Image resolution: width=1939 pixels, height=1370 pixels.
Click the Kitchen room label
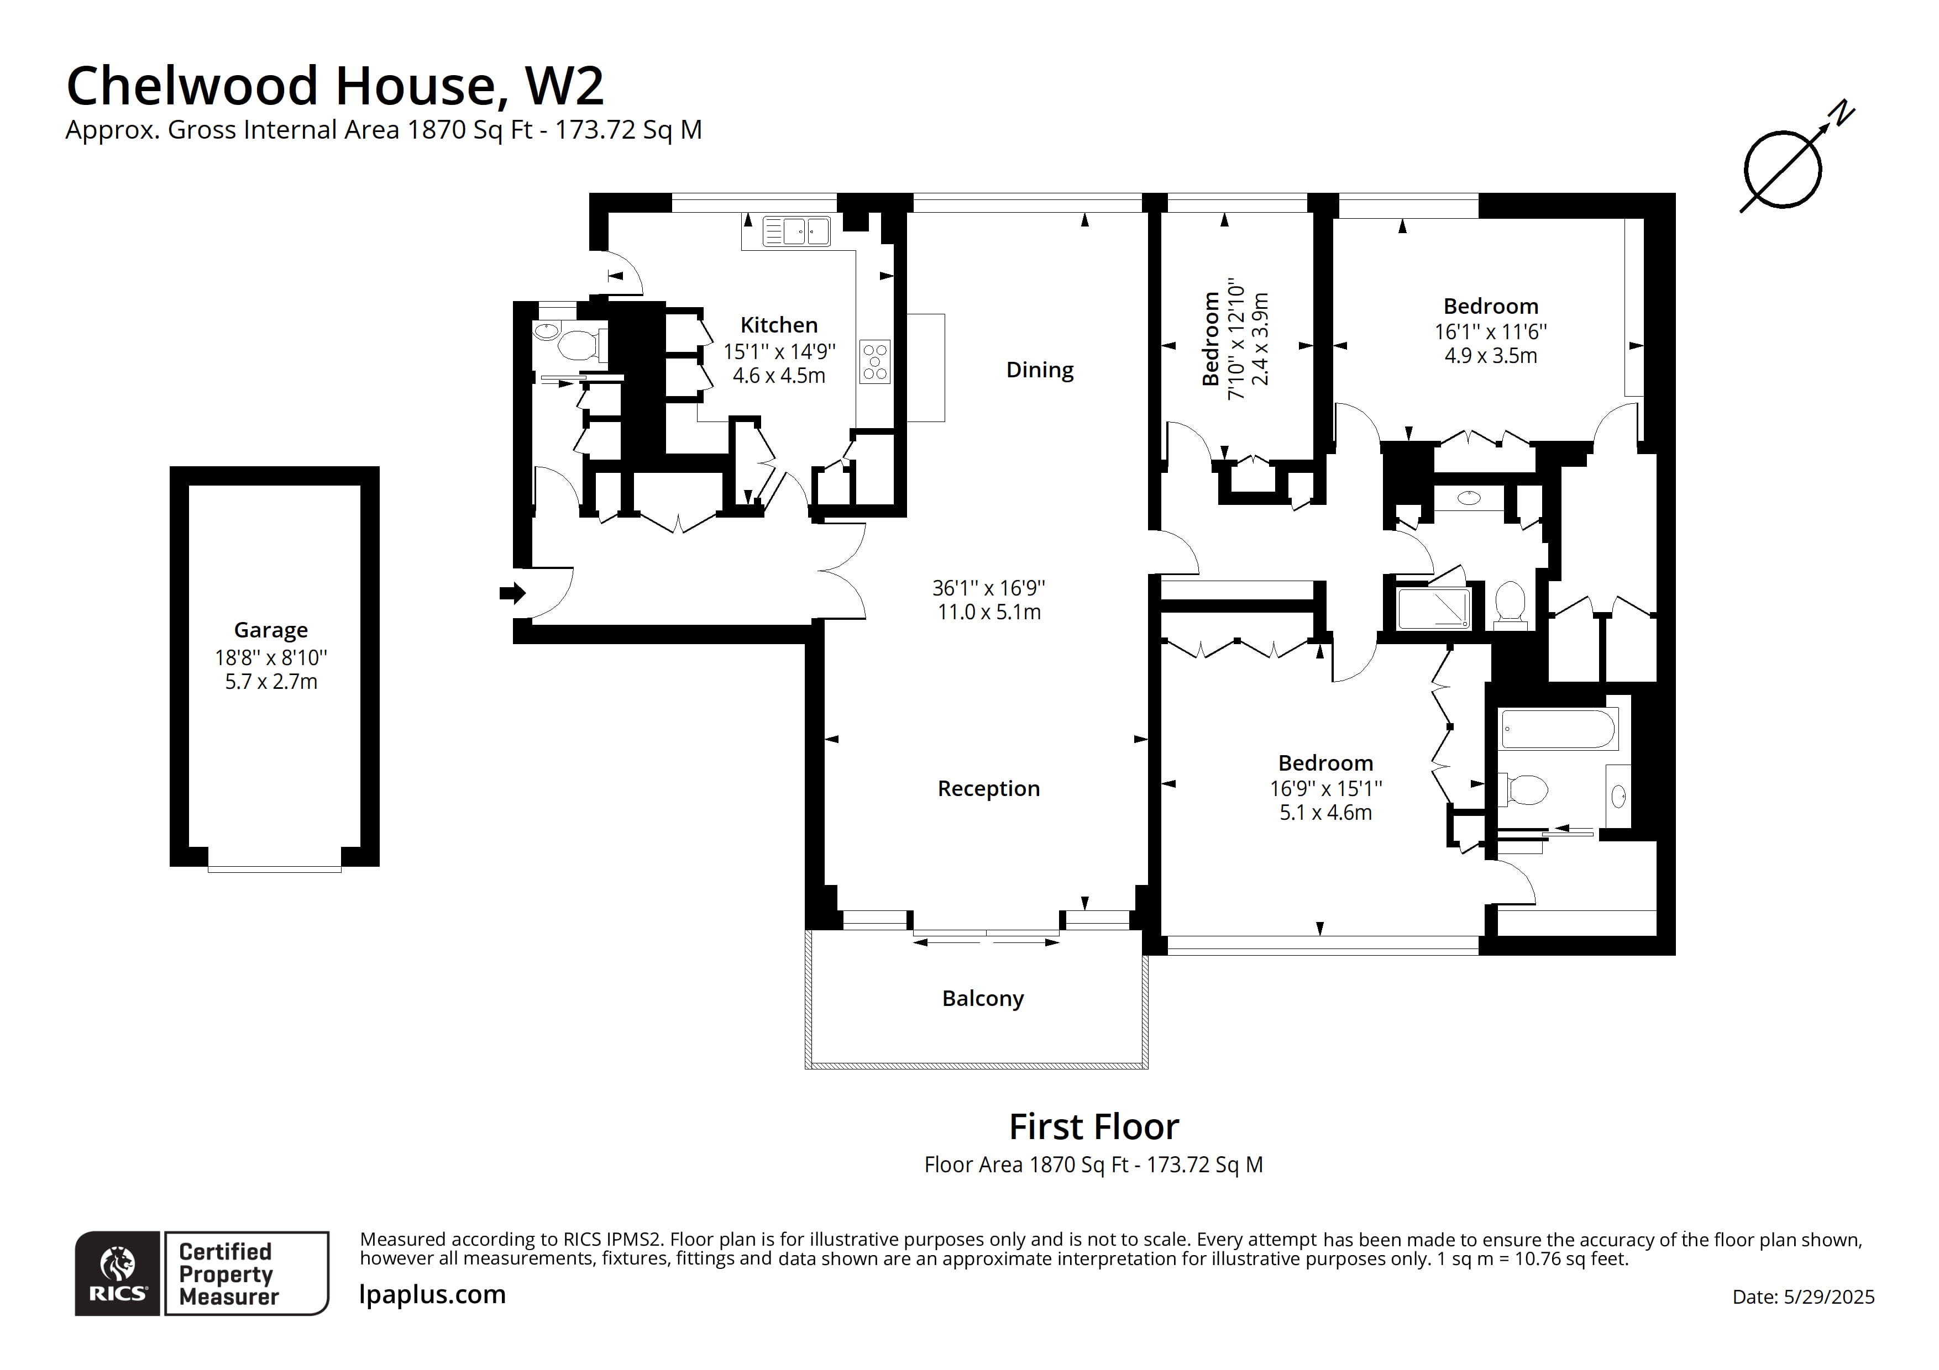coord(779,325)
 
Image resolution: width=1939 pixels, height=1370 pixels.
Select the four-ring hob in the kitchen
coord(875,361)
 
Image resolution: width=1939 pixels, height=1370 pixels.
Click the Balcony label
coord(983,999)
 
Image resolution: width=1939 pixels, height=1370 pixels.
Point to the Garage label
coord(270,630)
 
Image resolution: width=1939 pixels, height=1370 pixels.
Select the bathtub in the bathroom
coord(1558,729)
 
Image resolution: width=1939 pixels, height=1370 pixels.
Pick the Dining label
coord(1040,370)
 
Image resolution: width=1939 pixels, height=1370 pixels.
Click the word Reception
coord(988,788)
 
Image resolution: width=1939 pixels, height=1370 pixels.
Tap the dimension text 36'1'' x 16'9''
coord(988,588)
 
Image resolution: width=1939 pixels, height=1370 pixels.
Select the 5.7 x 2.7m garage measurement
coord(270,682)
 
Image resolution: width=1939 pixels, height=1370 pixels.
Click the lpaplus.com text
coord(432,1294)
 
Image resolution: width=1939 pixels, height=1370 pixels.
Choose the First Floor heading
coord(1094,1127)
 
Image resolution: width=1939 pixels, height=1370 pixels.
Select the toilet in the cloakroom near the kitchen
coord(579,344)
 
